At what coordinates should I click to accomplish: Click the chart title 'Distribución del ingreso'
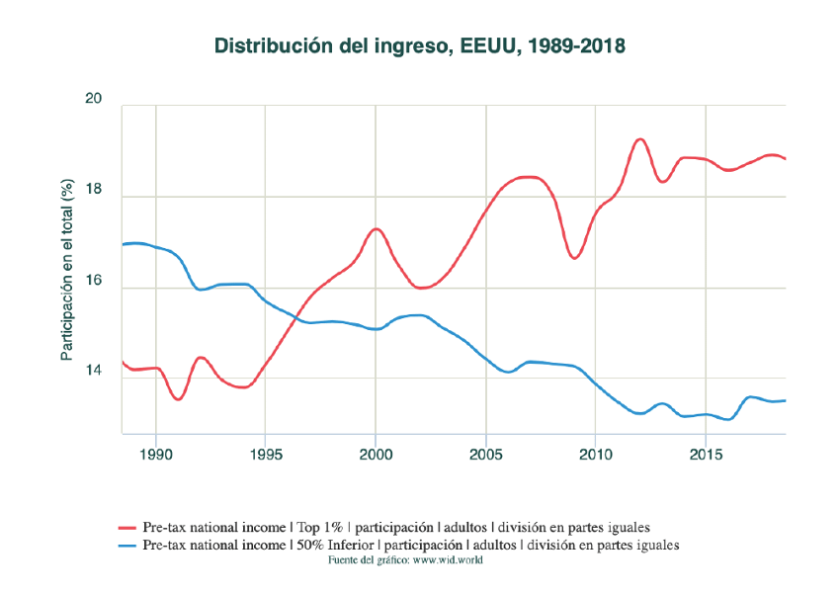tap(419, 45)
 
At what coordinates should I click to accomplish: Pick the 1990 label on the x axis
tap(155, 456)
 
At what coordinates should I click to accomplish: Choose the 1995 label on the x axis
tap(265, 456)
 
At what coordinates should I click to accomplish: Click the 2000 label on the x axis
tap(376, 456)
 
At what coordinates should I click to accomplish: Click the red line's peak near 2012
tap(639, 139)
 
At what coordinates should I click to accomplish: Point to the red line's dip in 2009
tap(574, 258)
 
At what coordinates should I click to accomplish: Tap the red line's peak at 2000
tap(376, 228)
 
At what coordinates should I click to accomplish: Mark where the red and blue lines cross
tap(294, 318)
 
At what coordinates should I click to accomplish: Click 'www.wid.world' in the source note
tap(448, 560)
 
